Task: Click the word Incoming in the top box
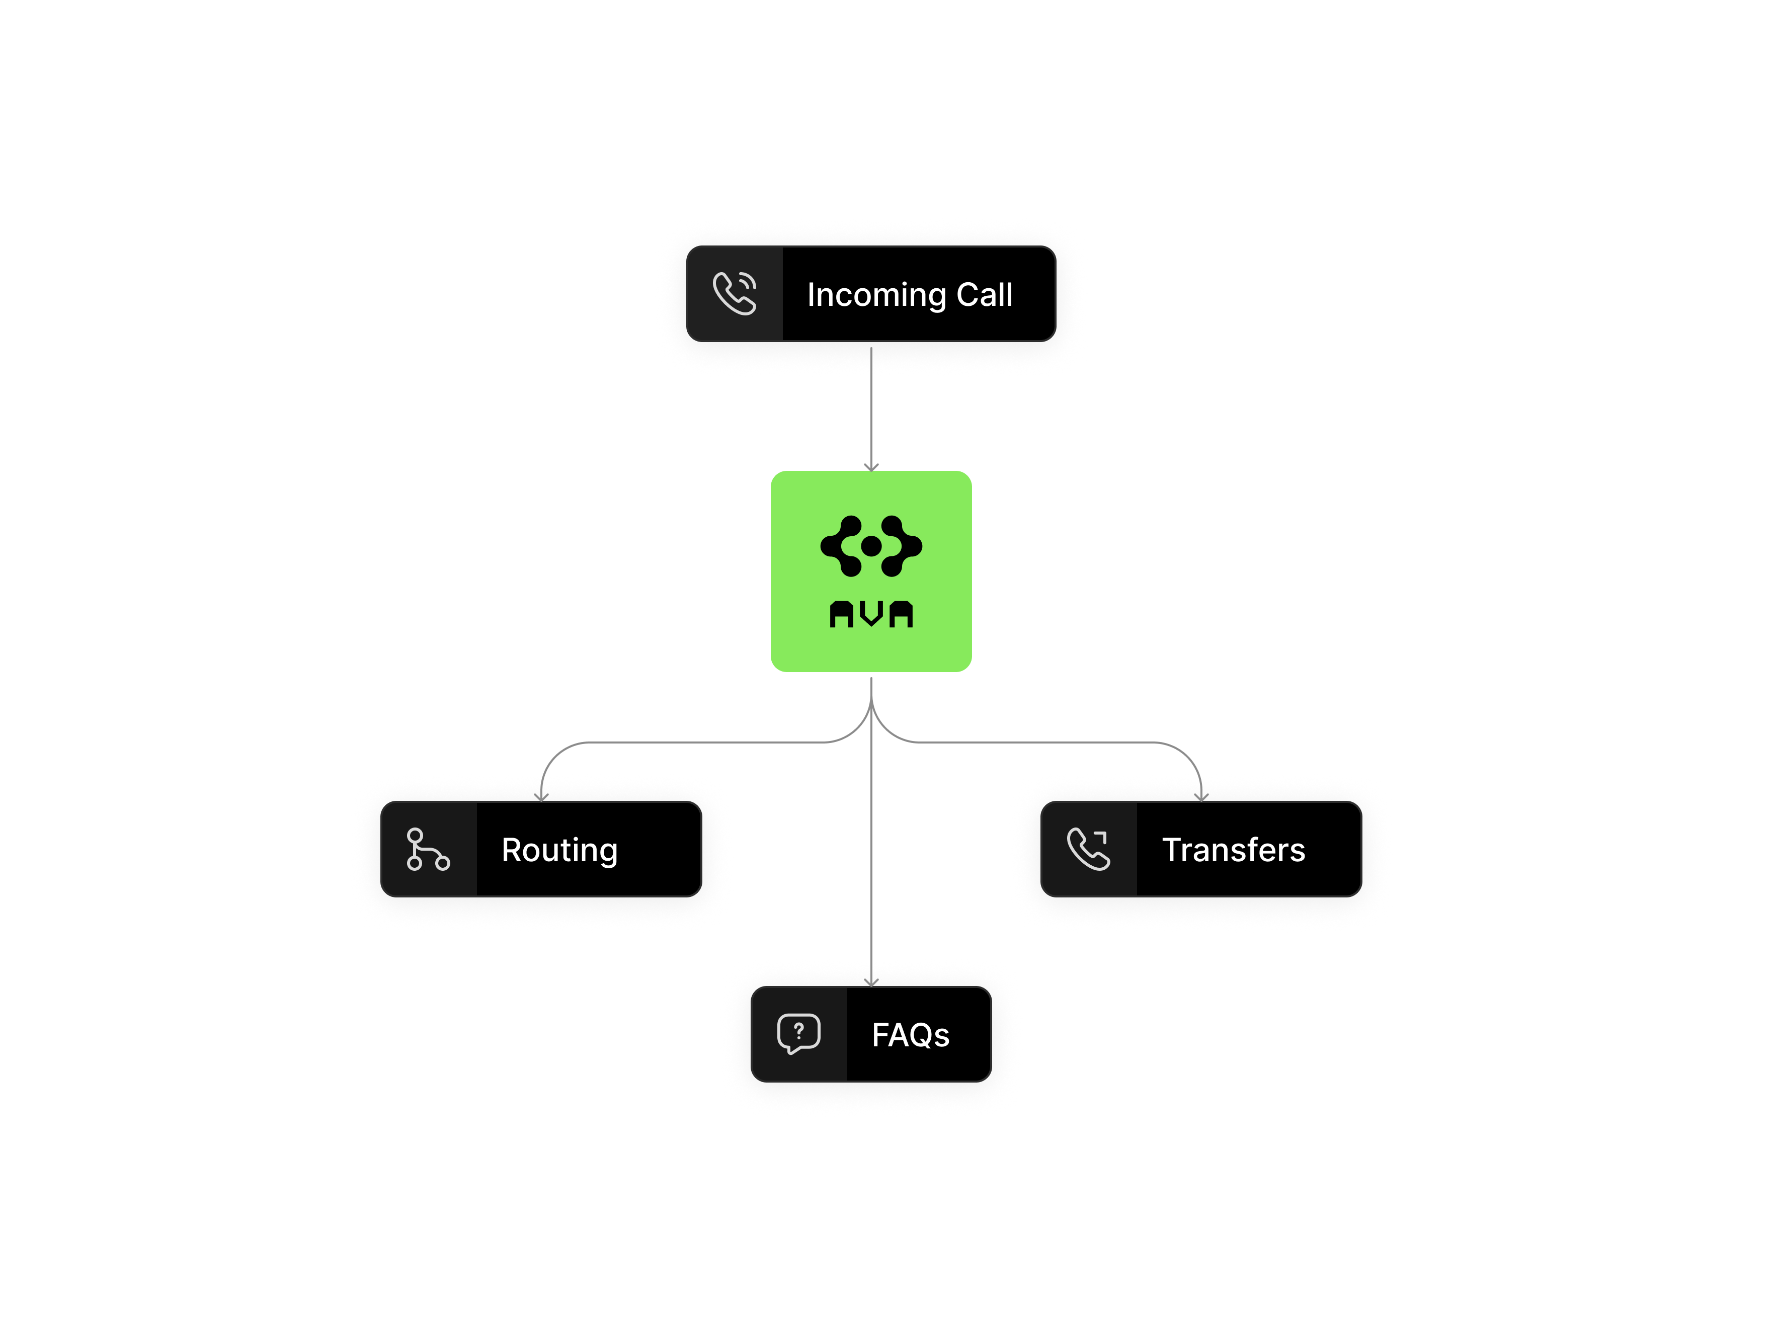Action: pyautogui.click(x=876, y=295)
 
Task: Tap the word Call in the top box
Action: pyautogui.click(x=985, y=294)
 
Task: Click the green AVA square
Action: pyautogui.click(x=871, y=571)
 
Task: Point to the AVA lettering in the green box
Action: pyautogui.click(x=871, y=614)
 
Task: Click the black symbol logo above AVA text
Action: pyautogui.click(x=871, y=546)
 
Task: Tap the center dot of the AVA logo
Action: pyautogui.click(x=871, y=546)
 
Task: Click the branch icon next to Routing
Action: pyautogui.click(x=428, y=849)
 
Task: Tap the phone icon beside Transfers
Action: pyautogui.click(x=1089, y=849)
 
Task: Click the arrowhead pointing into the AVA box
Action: pyautogui.click(x=871, y=467)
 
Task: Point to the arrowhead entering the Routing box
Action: pyautogui.click(x=542, y=796)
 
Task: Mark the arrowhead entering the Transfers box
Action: pyautogui.click(x=1201, y=796)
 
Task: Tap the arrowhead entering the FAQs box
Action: pyautogui.click(x=871, y=981)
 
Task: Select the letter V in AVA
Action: pyautogui.click(x=871, y=614)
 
